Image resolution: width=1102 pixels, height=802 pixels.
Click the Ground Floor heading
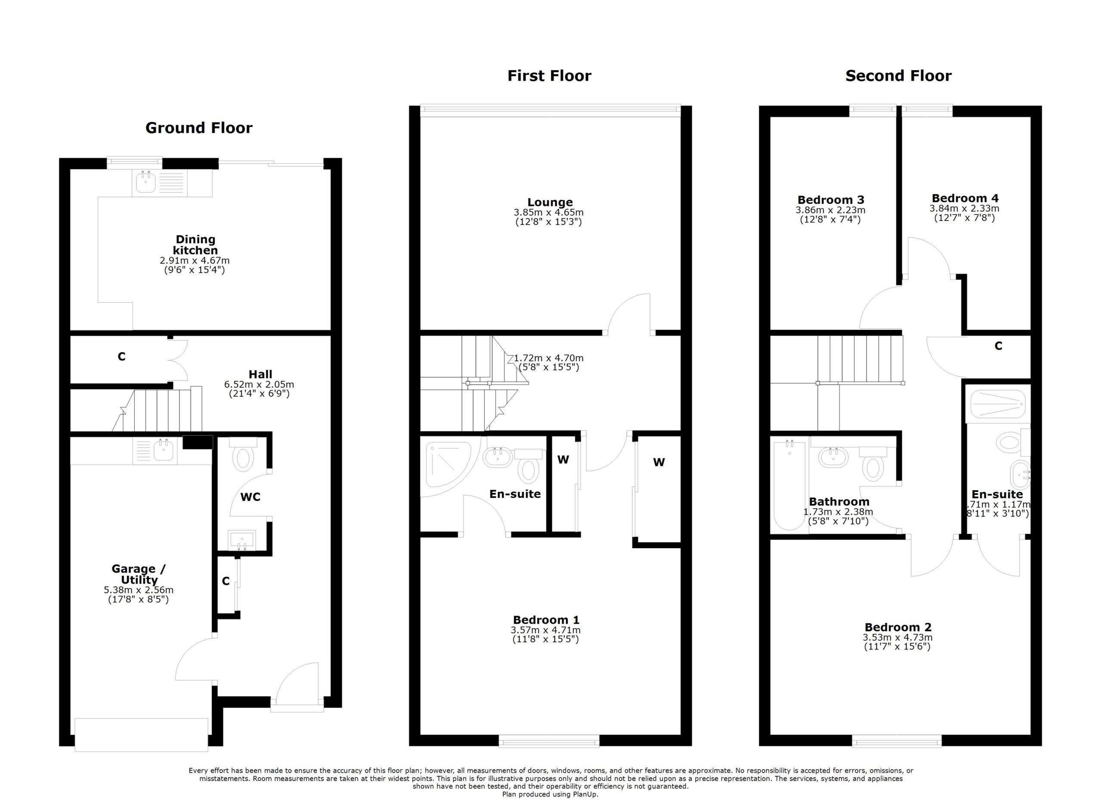click(x=199, y=128)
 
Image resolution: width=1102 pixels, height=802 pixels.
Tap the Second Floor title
click(x=898, y=76)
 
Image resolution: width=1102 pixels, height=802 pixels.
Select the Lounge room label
click(x=550, y=202)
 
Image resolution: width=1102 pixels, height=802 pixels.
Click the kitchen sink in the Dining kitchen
click(x=145, y=183)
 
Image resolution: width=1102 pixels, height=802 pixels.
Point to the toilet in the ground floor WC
click(x=243, y=458)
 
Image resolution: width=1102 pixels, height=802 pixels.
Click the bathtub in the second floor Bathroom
click(x=789, y=485)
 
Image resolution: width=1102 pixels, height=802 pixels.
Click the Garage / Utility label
click(x=139, y=574)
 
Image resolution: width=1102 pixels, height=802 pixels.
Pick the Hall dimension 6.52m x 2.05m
click(x=259, y=385)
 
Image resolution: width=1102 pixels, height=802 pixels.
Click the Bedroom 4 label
click(x=965, y=198)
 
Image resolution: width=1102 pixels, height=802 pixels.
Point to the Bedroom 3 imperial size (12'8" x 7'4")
click(x=830, y=220)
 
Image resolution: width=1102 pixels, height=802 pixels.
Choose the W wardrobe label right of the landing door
click(x=658, y=462)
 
